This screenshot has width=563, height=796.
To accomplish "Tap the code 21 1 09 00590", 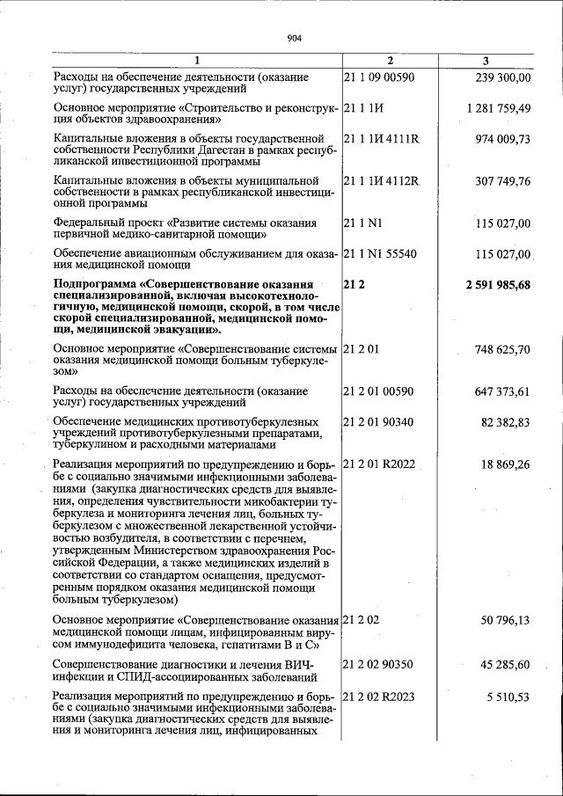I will [x=378, y=77].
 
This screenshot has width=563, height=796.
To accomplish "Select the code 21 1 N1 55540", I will [x=379, y=254].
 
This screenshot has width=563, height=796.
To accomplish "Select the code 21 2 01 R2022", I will [x=379, y=464].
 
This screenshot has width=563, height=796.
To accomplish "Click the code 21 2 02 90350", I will [x=378, y=663].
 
